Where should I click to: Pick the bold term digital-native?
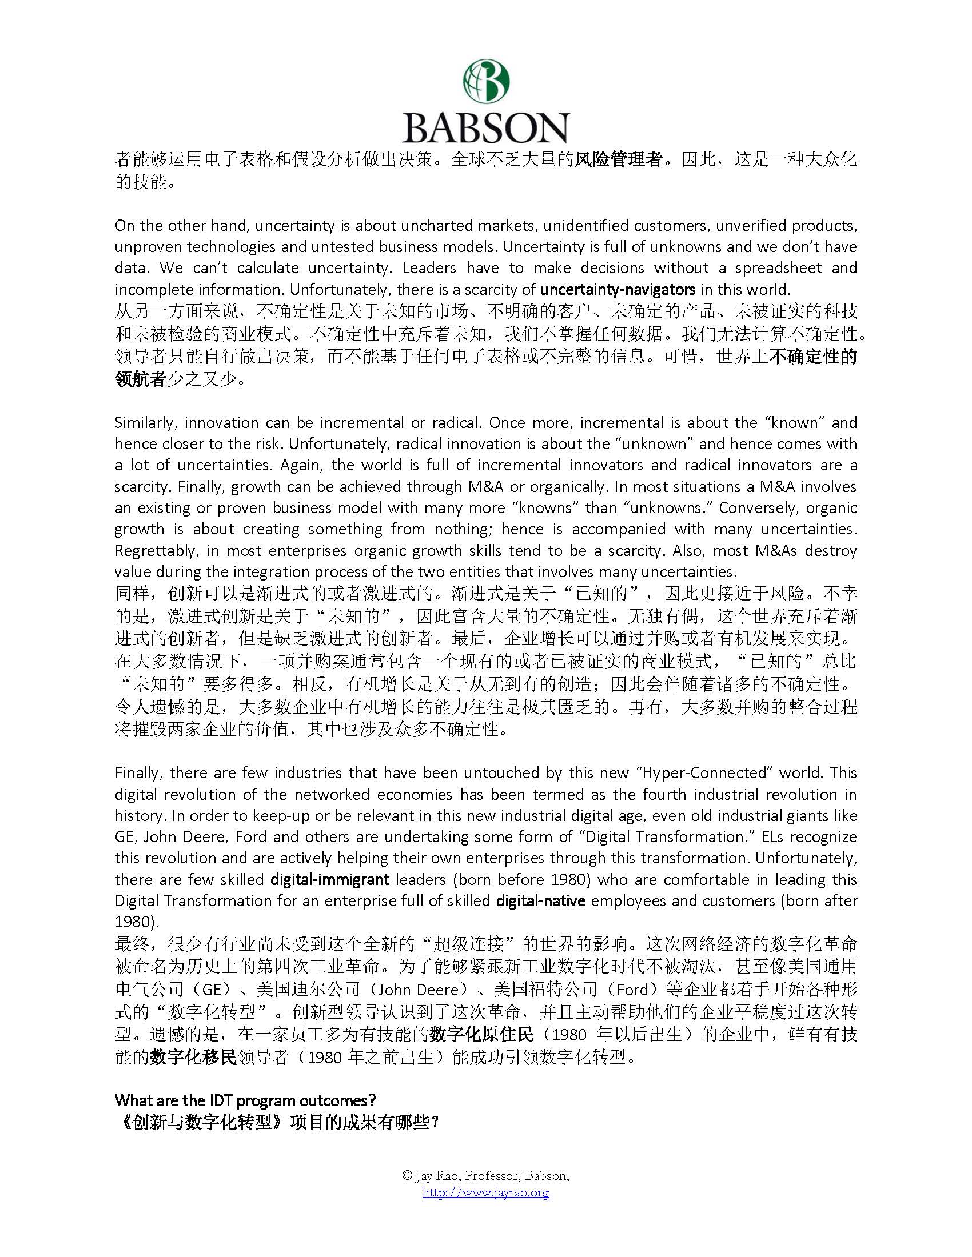pyautogui.click(x=540, y=900)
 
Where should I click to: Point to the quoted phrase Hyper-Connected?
pyautogui.click(x=654, y=773)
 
